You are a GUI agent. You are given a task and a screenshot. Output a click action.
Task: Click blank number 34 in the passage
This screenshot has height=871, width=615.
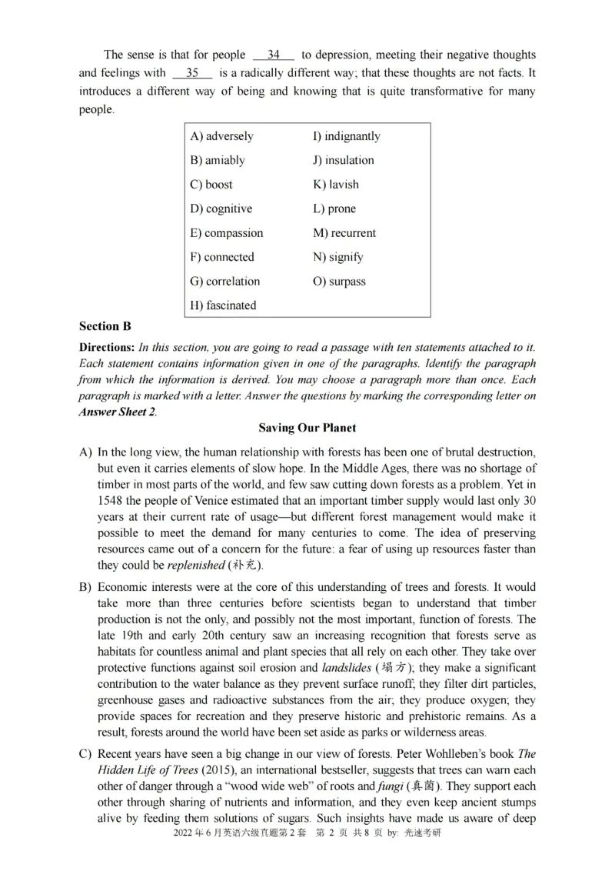(274, 55)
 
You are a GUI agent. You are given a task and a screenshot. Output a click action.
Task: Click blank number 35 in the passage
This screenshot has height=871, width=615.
(192, 73)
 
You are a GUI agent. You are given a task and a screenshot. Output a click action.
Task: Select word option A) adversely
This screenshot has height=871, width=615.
(221, 136)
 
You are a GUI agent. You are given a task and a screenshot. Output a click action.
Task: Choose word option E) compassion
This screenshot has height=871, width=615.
(226, 233)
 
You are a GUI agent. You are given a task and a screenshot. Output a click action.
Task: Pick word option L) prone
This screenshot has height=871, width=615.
(334, 209)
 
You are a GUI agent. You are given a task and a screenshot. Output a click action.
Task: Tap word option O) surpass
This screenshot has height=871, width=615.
(339, 282)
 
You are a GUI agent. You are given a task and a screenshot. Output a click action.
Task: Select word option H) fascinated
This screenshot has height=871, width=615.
(223, 305)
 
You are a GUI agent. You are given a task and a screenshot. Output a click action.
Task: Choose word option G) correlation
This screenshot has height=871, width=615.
(224, 282)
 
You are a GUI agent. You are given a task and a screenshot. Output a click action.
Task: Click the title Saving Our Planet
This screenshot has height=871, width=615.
(307, 428)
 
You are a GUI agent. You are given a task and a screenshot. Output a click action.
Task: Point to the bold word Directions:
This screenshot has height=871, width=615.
(107, 348)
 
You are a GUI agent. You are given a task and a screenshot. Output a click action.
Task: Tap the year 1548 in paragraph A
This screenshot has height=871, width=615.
(111, 501)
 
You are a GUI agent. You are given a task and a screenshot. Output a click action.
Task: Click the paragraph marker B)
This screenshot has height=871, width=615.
(85, 587)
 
